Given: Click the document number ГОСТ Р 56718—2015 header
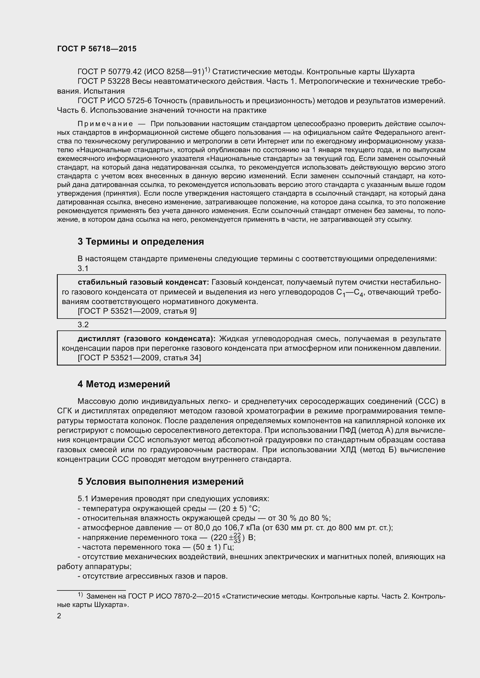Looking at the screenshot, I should (97, 49).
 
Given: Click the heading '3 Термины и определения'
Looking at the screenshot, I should (141, 241).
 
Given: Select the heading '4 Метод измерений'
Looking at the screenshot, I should (124, 384).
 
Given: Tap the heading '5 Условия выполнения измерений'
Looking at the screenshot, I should (160, 482).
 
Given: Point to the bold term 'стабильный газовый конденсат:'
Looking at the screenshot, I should (143, 282).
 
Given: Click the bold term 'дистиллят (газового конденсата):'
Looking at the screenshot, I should (147, 338).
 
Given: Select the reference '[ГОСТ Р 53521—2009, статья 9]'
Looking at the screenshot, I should (137, 311).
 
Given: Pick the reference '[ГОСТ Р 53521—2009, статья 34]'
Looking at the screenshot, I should (139, 358).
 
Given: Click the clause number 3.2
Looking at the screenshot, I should (83, 325).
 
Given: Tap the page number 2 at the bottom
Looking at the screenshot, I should (59, 616).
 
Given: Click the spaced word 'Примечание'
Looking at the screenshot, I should (105, 124).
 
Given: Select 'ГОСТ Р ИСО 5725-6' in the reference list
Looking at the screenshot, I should (114, 101).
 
